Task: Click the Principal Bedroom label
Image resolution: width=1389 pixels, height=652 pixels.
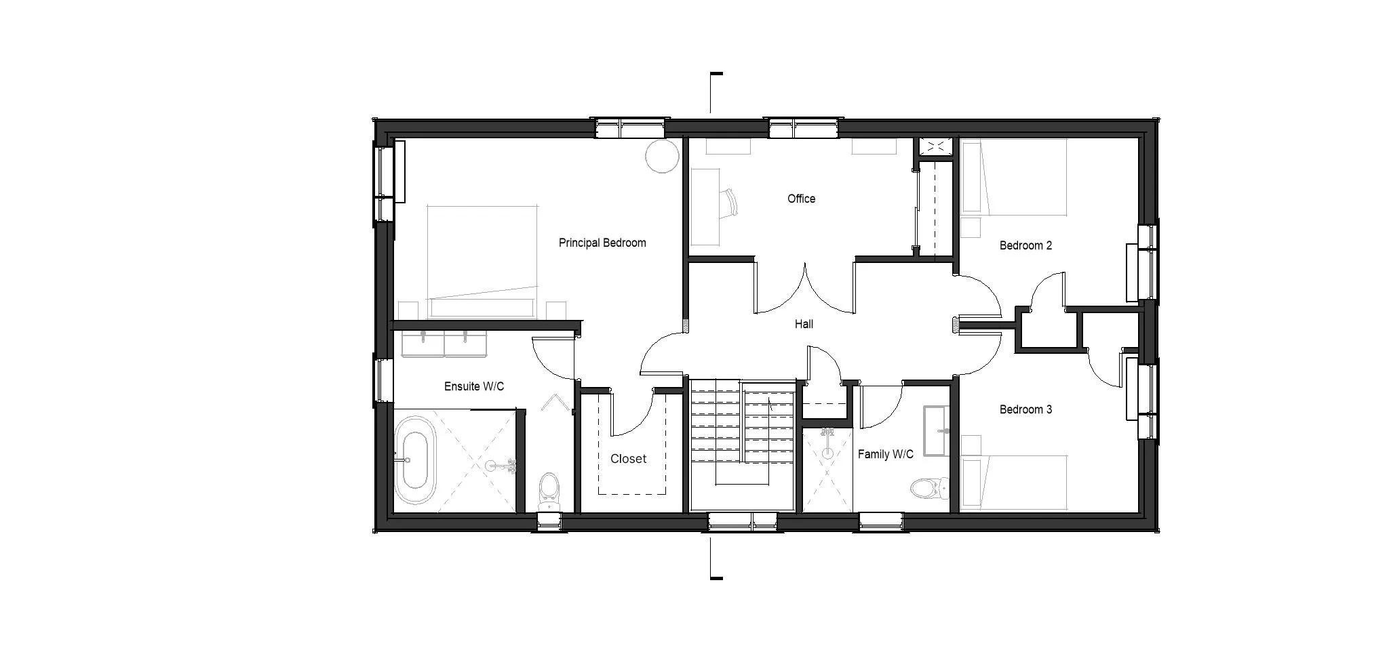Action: pyautogui.click(x=602, y=243)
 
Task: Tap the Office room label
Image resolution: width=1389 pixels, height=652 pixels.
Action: pyautogui.click(x=801, y=199)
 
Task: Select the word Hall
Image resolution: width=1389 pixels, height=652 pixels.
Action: pyautogui.click(x=804, y=324)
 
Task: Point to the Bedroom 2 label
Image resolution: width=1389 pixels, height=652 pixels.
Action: pyautogui.click(x=1025, y=245)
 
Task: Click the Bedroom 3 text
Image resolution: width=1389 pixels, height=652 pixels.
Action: pyautogui.click(x=1025, y=409)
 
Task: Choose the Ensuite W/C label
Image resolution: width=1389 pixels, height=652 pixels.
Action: pyautogui.click(x=474, y=386)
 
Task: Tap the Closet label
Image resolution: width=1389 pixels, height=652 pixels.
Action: pyautogui.click(x=628, y=459)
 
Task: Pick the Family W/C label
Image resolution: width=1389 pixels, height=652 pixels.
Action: pyautogui.click(x=885, y=454)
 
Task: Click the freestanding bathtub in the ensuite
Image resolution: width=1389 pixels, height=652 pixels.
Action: pyautogui.click(x=414, y=460)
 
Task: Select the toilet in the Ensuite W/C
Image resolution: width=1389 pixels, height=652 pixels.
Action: pyautogui.click(x=549, y=491)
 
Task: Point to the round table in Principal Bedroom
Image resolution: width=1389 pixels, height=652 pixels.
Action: pyautogui.click(x=661, y=157)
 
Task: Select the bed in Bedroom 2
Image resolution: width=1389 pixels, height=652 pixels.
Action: pyautogui.click(x=1014, y=178)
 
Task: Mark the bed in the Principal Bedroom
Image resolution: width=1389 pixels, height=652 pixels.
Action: pyautogui.click(x=483, y=262)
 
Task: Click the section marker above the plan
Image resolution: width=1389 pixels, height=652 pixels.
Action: pyautogui.click(x=714, y=92)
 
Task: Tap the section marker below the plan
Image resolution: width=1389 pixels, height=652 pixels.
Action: pyautogui.click(x=714, y=558)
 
